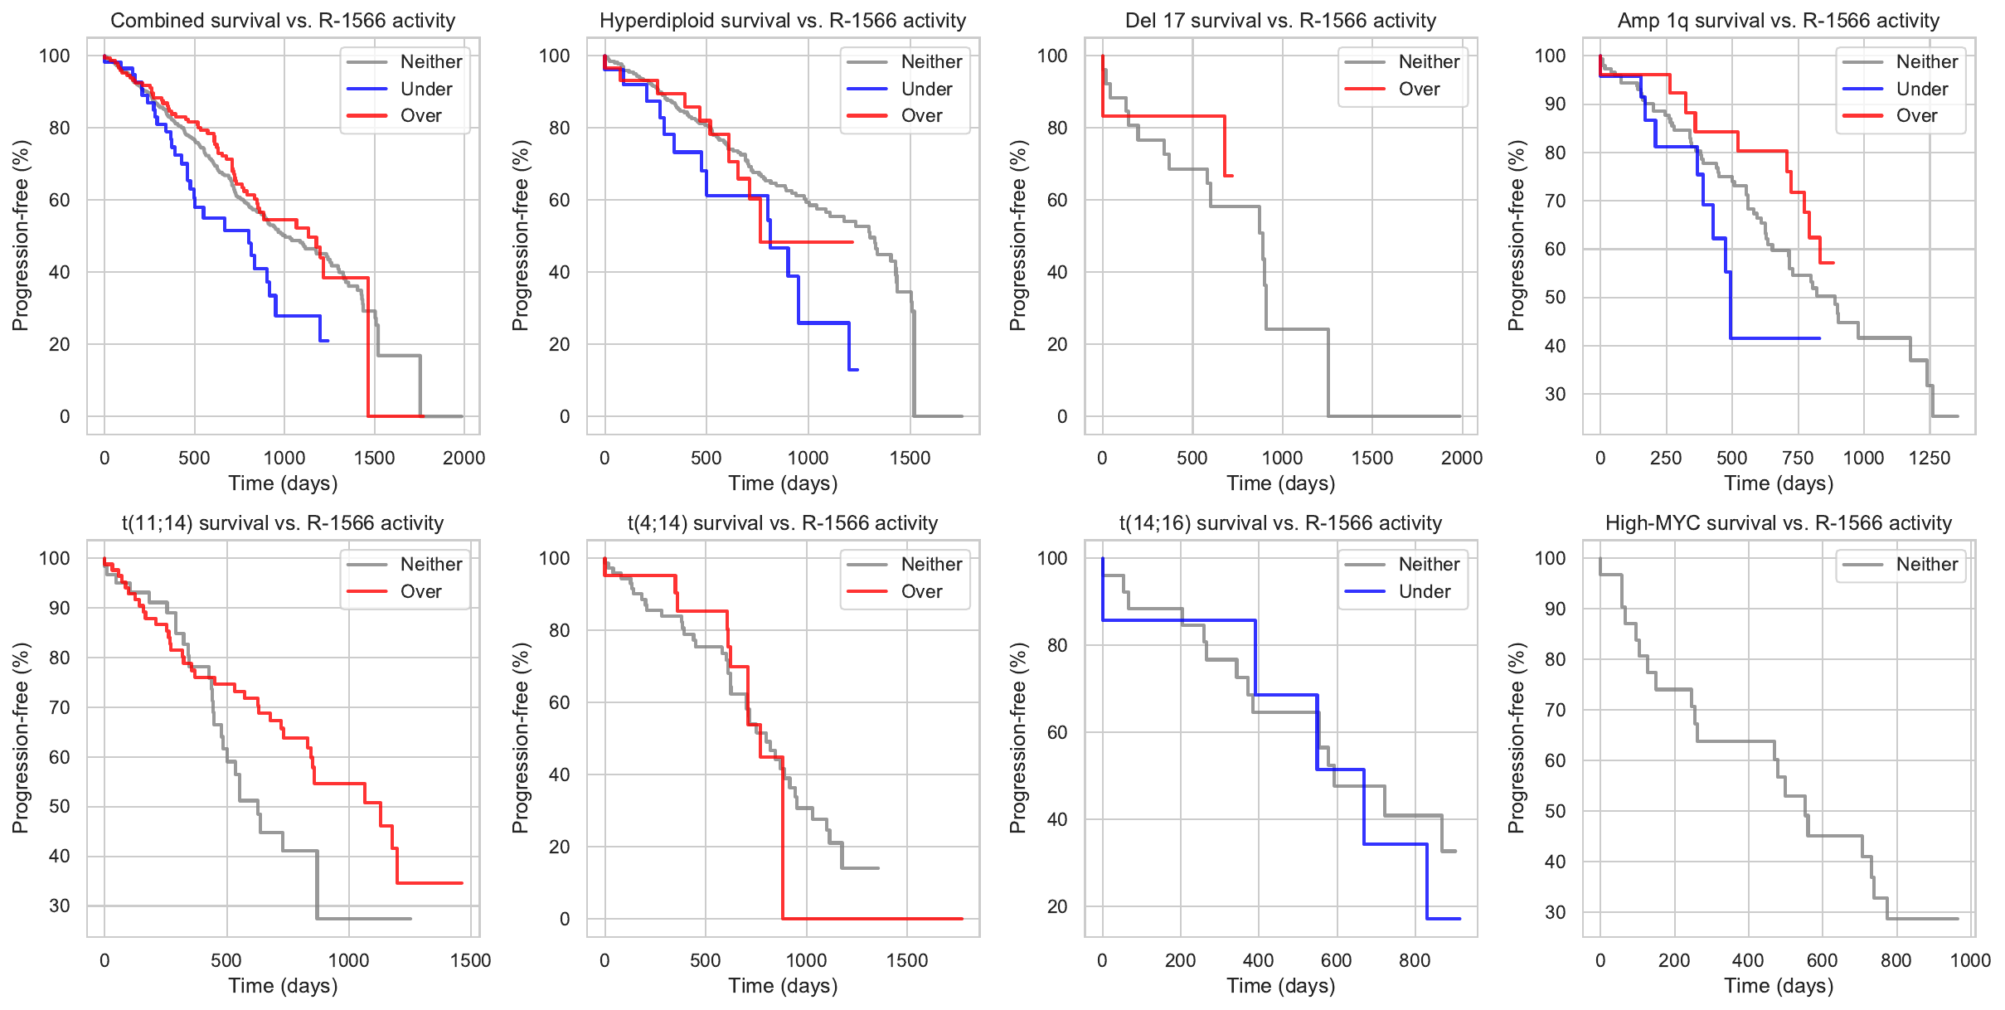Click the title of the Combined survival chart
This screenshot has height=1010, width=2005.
click(x=283, y=21)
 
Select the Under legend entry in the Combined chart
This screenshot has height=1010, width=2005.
click(x=425, y=89)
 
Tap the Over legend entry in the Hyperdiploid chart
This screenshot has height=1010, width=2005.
click(x=921, y=116)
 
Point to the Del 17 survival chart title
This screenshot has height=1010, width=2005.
click(x=1280, y=21)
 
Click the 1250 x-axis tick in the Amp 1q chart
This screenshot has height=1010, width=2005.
click(x=1930, y=458)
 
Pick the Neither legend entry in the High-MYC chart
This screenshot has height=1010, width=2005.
click(x=1926, y=565)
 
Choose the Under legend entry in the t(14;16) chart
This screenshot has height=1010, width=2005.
click(x=1424, y=592)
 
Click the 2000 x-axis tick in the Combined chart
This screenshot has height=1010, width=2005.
click(x=464, y=458)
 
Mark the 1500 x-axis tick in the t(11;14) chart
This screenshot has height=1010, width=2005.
click(x=470, y=960)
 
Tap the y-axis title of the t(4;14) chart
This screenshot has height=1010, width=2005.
click(x=520, y=738)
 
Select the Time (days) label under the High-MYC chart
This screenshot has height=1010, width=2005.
click(x=1779, y=986)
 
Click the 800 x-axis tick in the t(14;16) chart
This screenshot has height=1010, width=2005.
click(x=1415, y=960)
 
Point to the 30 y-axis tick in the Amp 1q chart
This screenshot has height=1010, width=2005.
click(x=1555, y=394)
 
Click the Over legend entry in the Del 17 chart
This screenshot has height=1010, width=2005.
click(x=1419, y=89)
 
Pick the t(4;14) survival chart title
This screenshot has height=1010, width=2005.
click(x=783, y=523)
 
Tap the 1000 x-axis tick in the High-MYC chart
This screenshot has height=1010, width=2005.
click(x=1970, y=960)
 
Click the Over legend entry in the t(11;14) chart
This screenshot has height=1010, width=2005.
click(x=420, y=592)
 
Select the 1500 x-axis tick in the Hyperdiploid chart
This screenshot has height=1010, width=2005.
click(x=910, y=458)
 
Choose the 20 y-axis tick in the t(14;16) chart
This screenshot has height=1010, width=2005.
click(x=1057, y=906)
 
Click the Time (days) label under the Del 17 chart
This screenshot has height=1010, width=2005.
click(x=1280, y=483)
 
